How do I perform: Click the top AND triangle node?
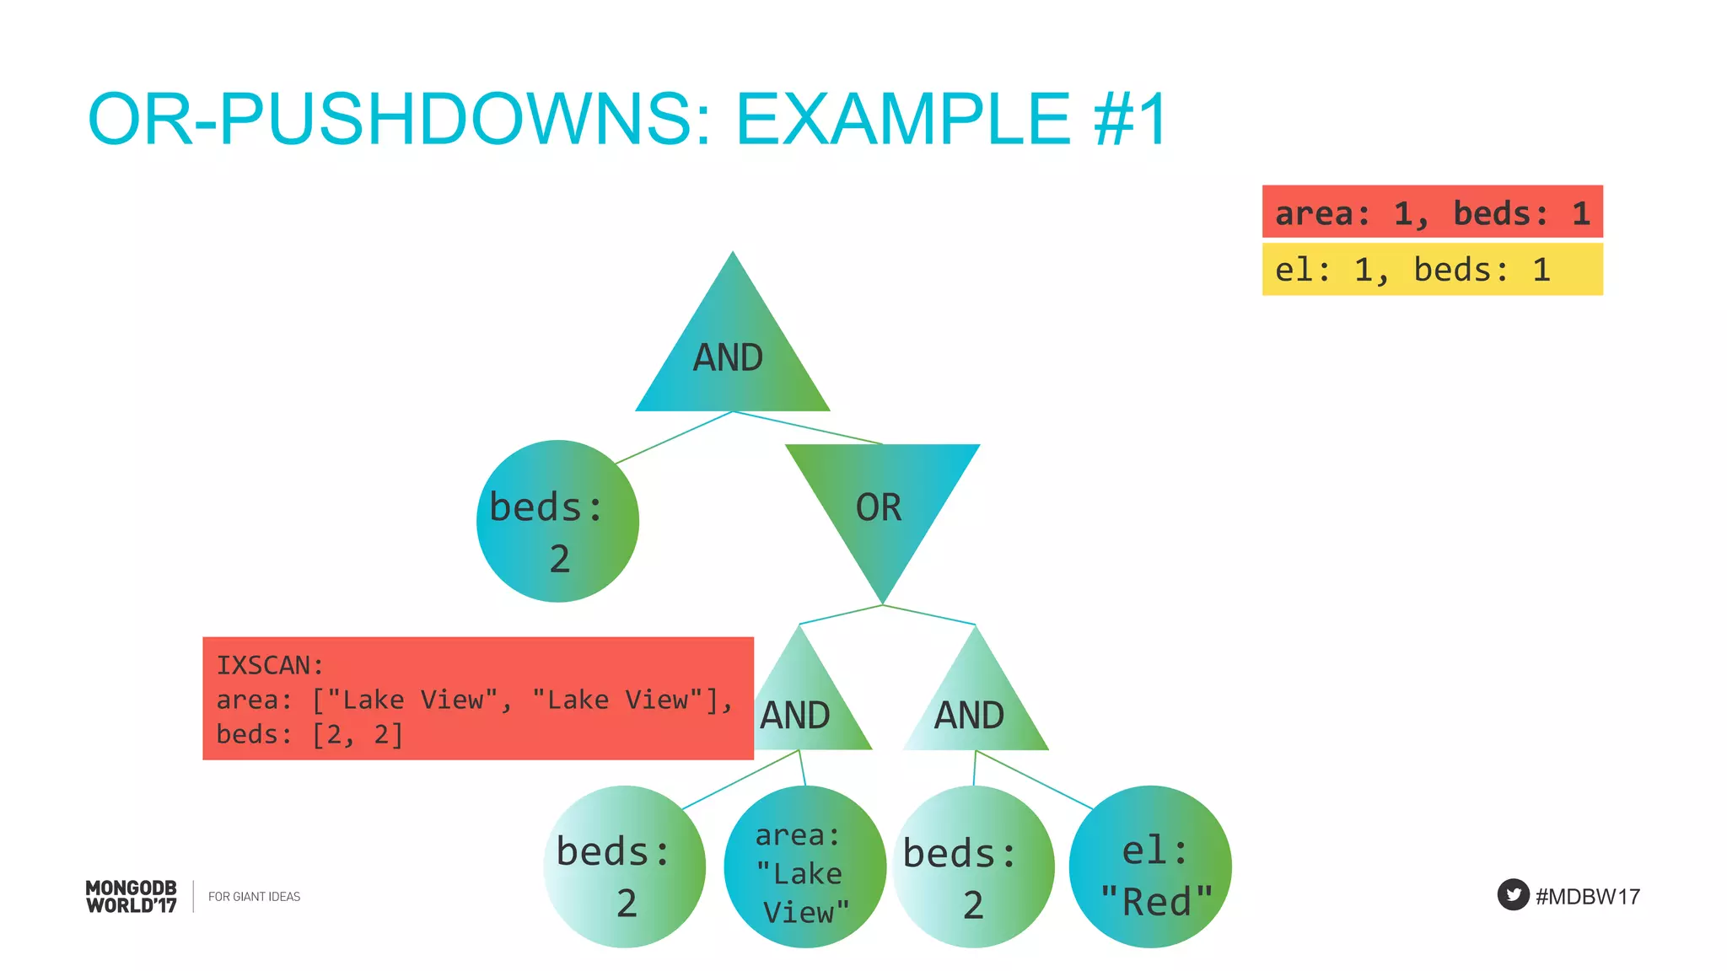coord(732,354)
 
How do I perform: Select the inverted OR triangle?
coord(882,506)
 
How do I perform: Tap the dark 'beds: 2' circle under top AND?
coord(557,521)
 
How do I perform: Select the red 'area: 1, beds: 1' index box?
coord(1432,212)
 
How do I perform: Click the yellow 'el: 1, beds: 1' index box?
coord(1432,270)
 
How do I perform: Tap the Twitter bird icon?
coord(1513,895)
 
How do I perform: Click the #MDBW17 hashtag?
coord(1588,897)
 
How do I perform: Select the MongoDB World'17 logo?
coord(132,897)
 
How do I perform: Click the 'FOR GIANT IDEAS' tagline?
coord(254,897)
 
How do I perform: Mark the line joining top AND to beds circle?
coord(675,437)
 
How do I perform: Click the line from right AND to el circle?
coord(1035,780)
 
